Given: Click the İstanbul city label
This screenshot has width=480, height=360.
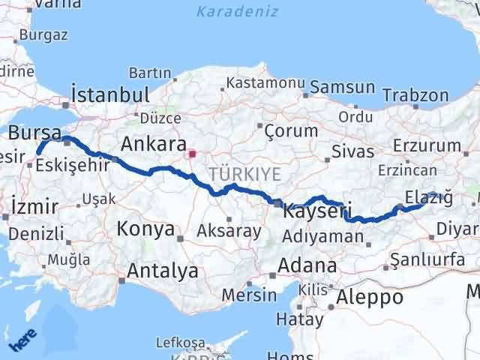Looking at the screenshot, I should point(109,94).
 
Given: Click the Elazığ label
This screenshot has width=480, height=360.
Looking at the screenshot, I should point(428,197).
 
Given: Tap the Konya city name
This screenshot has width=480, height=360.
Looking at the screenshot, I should point(145,229).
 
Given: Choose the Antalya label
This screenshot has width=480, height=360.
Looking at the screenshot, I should point(163,270).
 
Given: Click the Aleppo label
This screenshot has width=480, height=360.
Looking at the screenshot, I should point(370,296).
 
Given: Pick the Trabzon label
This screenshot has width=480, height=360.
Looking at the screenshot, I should point(415,95).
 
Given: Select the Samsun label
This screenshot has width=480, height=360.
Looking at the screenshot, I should point(342,87).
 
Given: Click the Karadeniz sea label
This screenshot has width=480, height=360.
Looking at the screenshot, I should point(238,11).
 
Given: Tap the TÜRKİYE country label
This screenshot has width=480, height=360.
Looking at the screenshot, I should point(245,174).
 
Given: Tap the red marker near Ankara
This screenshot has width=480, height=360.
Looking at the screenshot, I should point(192,154).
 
